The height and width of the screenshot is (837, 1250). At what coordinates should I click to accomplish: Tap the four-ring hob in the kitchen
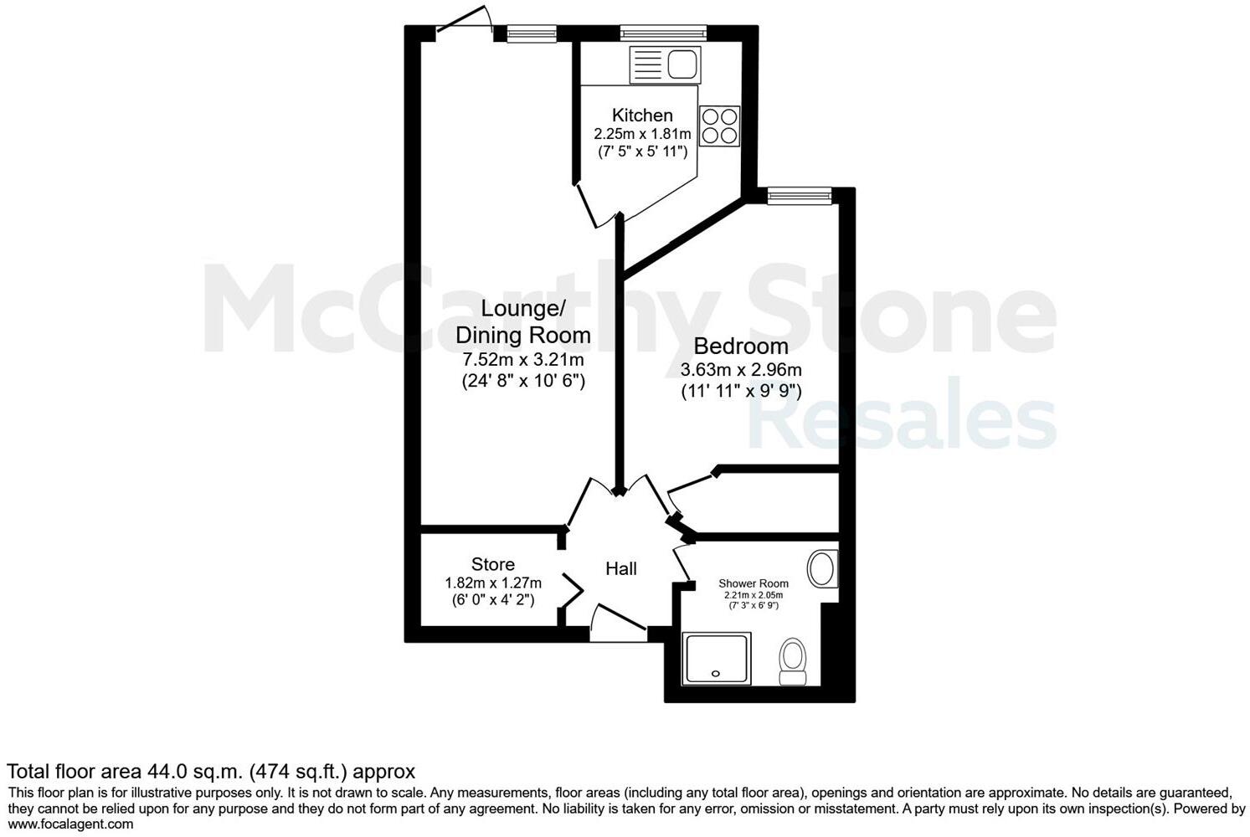point(719,126)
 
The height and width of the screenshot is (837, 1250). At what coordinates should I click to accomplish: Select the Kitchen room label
point(642,116)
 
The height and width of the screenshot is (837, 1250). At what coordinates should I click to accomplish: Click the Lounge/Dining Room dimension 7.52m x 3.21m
point(523,360)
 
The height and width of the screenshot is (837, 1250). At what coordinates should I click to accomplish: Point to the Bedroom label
point(741,346)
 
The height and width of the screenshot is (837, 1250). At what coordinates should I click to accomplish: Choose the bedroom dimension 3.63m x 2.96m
point(741,369)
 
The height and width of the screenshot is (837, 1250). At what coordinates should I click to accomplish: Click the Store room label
point(492,564)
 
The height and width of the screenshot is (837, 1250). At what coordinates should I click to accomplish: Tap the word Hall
point(621,569)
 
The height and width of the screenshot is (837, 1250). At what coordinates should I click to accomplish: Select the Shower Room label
point(754,583)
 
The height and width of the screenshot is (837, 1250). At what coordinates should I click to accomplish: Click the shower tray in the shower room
point(717,658)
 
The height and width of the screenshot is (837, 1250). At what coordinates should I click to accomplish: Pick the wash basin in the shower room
point(823,569)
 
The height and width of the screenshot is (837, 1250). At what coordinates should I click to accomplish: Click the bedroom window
point(800,196)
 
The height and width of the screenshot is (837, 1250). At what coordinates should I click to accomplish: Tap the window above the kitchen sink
point(663,33)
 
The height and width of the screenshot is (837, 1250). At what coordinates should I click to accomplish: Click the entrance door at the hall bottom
point(617,625)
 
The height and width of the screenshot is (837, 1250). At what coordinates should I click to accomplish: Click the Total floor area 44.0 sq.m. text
point(211,771)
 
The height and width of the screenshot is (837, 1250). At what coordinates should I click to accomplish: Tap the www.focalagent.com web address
point(70,824)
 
